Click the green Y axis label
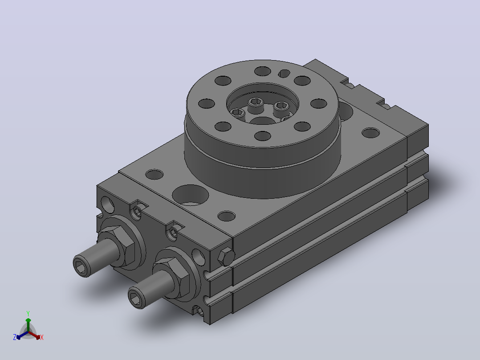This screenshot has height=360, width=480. pos(28,313)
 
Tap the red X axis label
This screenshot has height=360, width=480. pos(42,337)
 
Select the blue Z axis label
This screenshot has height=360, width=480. pos(14,337)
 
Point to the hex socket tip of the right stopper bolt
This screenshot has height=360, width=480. pos(136,298)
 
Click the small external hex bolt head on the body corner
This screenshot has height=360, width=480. pos(226,257)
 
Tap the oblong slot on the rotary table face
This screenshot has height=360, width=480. pos(284,73)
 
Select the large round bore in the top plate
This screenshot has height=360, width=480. pos(191,195)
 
